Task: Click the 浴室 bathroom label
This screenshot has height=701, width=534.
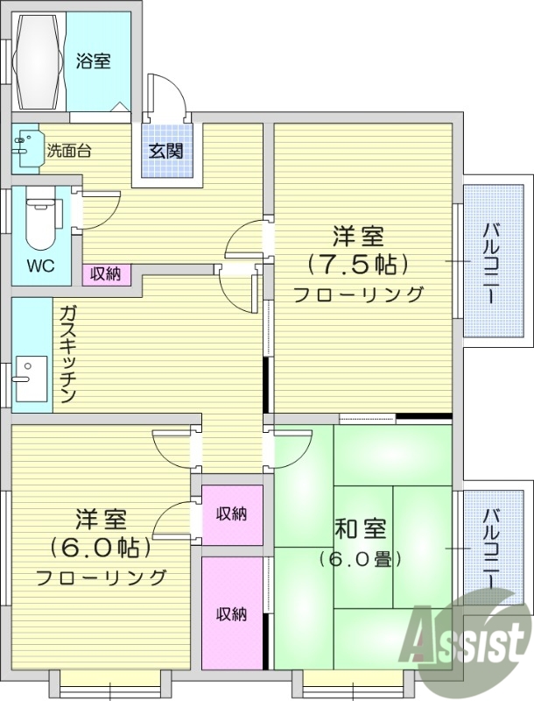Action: click(93, 61)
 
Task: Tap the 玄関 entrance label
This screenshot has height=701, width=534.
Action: click(166, 150)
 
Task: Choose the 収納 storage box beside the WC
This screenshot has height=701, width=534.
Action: click(106, 274)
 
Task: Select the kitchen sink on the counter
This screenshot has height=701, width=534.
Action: click(29, 379)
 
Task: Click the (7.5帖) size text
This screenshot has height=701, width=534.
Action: click(358, 264)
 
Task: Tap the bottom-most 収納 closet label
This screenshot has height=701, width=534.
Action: click(232, 613)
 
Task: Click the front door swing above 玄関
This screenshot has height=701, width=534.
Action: click(167, 96)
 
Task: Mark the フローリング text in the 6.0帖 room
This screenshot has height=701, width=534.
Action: click(101, 577)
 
